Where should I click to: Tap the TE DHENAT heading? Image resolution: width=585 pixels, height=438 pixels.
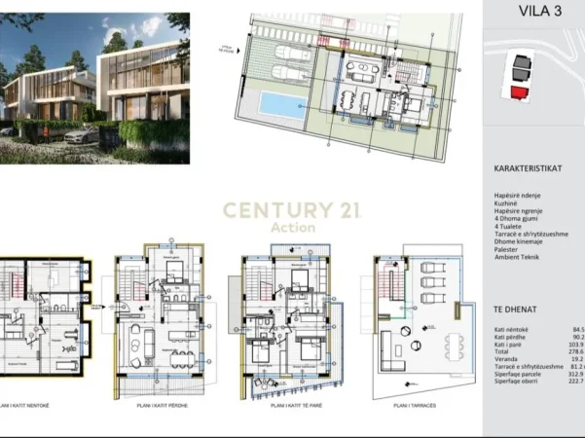516,309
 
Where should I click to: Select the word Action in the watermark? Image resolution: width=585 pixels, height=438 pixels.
294,227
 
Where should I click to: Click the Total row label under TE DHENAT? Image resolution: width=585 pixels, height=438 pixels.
502,350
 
